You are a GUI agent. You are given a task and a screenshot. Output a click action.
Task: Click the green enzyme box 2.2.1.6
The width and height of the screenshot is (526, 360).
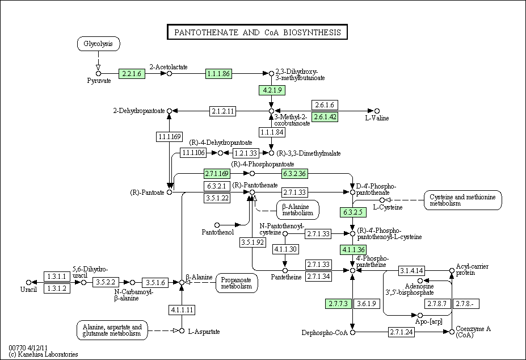(132, 74)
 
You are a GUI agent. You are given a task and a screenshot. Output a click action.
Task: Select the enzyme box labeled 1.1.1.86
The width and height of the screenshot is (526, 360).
(218, 74)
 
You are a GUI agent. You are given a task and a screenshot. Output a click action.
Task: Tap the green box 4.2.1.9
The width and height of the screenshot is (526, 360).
(272, 90)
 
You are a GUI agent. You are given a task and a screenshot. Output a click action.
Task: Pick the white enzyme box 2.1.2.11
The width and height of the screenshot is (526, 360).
(223, 111)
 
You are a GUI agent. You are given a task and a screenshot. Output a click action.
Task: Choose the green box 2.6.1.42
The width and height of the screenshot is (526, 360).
(325, 117)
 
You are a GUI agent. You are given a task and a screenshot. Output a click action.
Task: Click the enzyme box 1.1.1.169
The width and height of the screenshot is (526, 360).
(170, 136)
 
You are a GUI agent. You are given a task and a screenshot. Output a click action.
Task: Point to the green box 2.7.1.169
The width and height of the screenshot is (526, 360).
(217, 174)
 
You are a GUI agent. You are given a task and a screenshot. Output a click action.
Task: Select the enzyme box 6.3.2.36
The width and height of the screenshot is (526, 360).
(294, 174)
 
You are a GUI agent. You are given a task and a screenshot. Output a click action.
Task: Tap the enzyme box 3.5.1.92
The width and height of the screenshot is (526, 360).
(253, 242)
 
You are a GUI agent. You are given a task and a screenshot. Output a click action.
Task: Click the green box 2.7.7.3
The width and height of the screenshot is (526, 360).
(338, 304)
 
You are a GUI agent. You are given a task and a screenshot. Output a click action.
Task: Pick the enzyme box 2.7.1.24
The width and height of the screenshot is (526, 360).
(401, 332)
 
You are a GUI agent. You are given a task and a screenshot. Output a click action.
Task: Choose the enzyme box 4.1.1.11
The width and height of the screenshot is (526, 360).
(182, 309)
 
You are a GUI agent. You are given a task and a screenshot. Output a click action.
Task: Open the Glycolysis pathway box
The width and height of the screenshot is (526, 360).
(98, 44)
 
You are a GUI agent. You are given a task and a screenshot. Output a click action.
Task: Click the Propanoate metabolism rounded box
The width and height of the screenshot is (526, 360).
(237, 283)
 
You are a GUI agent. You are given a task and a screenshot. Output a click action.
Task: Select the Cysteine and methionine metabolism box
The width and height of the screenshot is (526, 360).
(462, 200)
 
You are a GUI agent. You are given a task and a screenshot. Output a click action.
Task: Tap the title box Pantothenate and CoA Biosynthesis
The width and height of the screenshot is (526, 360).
(257, 32)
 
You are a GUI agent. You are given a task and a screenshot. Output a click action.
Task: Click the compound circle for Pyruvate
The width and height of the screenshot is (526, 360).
(98, 74)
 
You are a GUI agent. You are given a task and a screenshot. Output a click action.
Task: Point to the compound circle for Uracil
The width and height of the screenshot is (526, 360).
(28, 282)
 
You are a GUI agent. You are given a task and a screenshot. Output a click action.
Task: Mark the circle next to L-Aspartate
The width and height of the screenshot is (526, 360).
(182, 331)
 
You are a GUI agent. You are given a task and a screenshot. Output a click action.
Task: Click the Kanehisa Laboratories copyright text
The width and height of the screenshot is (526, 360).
(44, 354)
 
